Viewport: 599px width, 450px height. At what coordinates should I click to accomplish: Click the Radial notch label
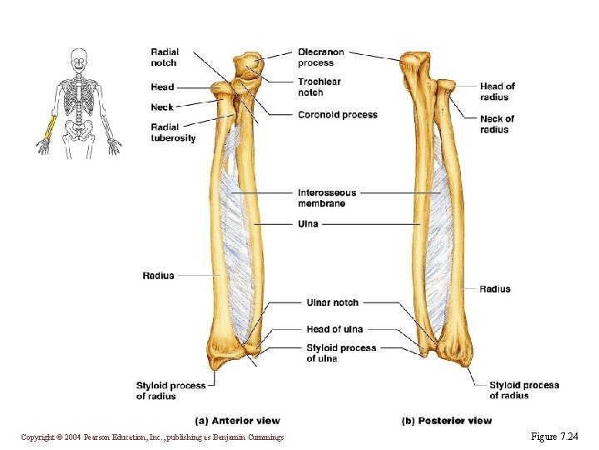[164, 57]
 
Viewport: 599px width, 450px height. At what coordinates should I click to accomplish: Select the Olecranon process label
[321, 57]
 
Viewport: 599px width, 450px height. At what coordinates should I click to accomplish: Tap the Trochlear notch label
[319, 87]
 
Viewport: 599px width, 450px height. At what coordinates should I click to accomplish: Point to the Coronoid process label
[338, 115]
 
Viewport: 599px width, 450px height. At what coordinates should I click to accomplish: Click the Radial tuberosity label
[173, 132]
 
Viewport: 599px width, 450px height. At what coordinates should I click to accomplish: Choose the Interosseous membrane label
[327, 198]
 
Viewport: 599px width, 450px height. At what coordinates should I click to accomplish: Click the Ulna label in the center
[308, 224]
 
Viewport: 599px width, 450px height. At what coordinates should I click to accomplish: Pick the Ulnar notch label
[333, 302]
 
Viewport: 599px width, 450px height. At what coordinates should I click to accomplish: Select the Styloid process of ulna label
[341, 353]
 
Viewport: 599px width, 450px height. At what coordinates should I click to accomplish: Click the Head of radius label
[498, 92]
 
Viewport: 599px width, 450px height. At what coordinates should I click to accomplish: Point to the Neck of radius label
[497, 124]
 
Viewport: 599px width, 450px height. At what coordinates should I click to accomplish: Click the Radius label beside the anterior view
[158, 276]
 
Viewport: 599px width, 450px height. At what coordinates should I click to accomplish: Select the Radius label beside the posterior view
[495, 289]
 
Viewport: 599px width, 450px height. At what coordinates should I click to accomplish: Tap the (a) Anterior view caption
[237, 421]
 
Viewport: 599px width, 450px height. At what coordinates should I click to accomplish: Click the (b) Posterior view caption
[447, 421]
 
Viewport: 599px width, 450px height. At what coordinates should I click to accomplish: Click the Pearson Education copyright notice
[152, 437]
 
